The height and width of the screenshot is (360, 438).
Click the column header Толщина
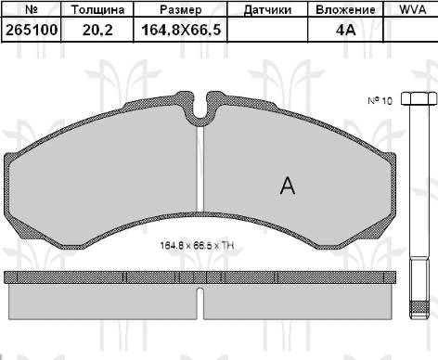97,9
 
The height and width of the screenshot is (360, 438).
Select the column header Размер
180,9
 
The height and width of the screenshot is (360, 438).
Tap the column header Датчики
267,10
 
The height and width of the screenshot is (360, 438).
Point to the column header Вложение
345,9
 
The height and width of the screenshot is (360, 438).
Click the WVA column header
412,9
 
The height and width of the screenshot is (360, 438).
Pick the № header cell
32,9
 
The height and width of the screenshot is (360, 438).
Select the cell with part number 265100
32,30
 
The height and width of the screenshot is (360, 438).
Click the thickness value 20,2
97,30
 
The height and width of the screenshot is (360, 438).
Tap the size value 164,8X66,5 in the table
181,30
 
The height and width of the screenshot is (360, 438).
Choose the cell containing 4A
345,30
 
